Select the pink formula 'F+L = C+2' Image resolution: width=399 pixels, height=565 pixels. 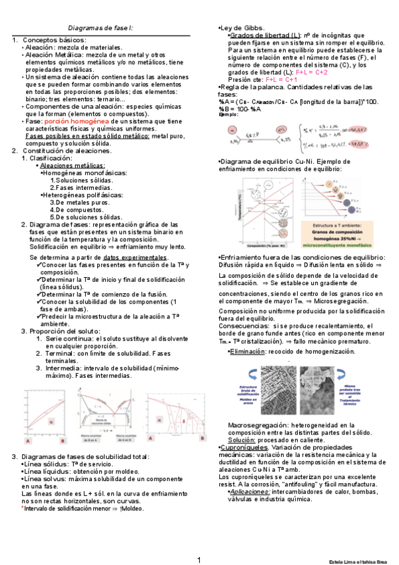click(x=311, y=72)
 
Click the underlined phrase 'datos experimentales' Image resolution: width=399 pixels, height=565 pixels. click(x=135, y=257)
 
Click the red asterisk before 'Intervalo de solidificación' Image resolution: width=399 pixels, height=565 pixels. click(x=23, y=508)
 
